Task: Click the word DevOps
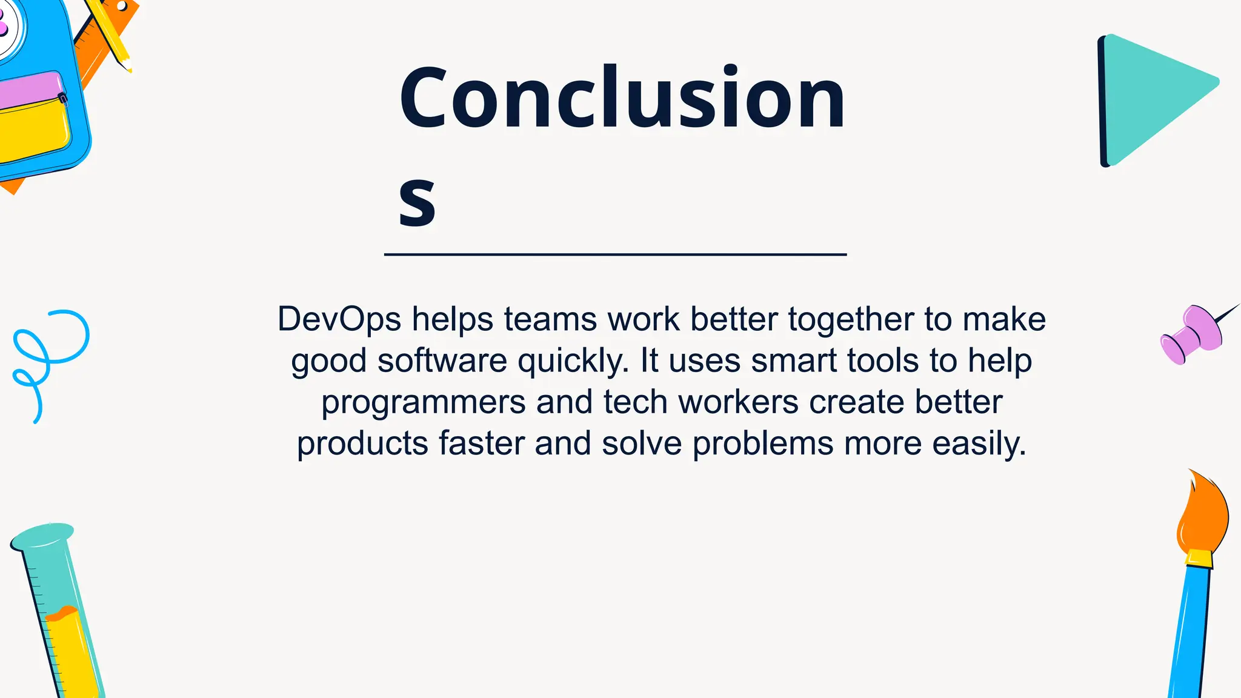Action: click(339, 319)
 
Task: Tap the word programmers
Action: click(423, 402)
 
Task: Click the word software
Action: click(442, 361)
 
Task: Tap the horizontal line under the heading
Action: click(615, 254)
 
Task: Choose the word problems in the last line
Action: click(763, 444)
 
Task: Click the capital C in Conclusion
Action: click(422, 98)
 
